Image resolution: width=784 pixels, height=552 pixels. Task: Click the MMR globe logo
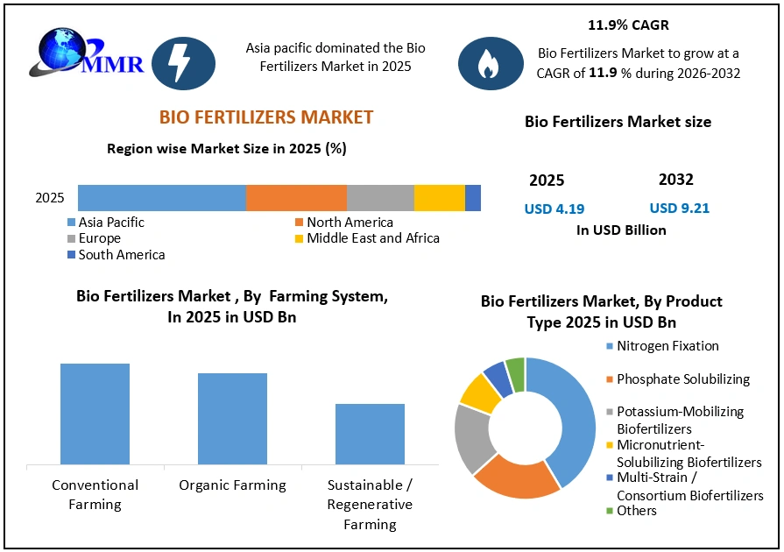(x=86, y=53)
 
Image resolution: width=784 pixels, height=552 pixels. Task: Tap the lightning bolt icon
(x=183, y=63)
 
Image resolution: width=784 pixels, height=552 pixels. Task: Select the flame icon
(x=491, y=63)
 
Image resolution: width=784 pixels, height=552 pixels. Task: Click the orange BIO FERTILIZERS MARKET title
(x=266, y=117)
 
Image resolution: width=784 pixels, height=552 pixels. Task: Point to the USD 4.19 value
(x=554, y=209)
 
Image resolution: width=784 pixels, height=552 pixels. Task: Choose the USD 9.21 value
(x=680, y=208)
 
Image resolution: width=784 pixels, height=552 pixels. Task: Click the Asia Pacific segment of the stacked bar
(x=162, y=198)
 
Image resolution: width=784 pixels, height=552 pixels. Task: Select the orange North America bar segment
(x=296, y=198)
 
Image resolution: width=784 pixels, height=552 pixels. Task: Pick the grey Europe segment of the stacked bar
(x=380, y=198)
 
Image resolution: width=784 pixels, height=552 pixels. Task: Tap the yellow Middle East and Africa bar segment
(x=440, y=198)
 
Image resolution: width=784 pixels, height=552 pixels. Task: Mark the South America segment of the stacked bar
(x=473, y=198)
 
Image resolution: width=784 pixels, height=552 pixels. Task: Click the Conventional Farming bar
(x=95, y=414)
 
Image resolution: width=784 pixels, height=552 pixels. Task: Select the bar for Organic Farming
(x=232, y=419)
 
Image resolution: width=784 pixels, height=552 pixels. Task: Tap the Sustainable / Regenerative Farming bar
(x=370, y=434)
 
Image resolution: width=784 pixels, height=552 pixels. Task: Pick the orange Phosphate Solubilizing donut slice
(x=515, y=481)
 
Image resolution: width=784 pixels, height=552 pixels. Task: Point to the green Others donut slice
(x=515, y=374)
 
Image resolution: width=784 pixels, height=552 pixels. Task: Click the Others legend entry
(x=631, y=511)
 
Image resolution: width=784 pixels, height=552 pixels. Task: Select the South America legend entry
(x=116, y=254)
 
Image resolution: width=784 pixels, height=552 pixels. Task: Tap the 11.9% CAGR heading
(x=628, y=25)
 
